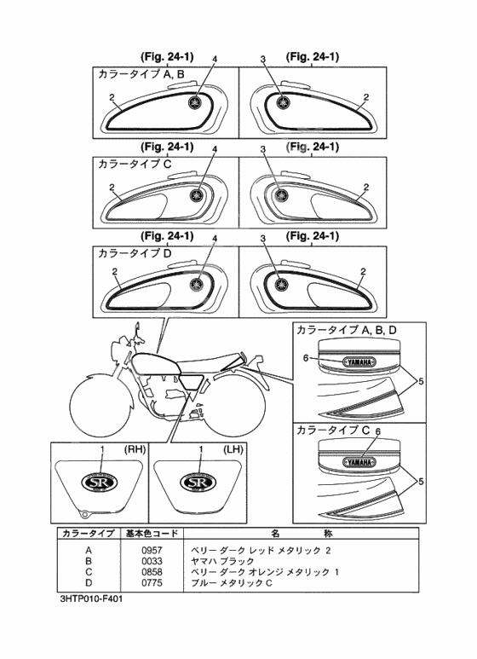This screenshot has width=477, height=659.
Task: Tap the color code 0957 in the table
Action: click(x=152, y=550)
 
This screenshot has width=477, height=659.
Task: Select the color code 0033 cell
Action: click(x=152, y=561)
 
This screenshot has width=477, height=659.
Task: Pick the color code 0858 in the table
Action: click(x=152, y=572)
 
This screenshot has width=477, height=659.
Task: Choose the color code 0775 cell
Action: click(x=152, y=583)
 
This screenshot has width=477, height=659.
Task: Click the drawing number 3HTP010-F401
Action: click(x=91, y=599)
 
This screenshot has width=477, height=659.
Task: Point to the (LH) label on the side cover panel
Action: click(x=233, y=449)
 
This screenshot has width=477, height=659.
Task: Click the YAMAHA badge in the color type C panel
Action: click(x=359, y=462)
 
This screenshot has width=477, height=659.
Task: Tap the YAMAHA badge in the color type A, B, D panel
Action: click(x=359, y=361)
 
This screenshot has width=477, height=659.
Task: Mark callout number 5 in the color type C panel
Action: click(x=421, y=482)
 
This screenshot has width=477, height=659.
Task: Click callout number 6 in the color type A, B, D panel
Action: click(x=306, y=358)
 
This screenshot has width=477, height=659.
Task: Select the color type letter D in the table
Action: click(x=89, y=583)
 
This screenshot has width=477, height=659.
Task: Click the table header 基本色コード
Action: click(x=152, y=534)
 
